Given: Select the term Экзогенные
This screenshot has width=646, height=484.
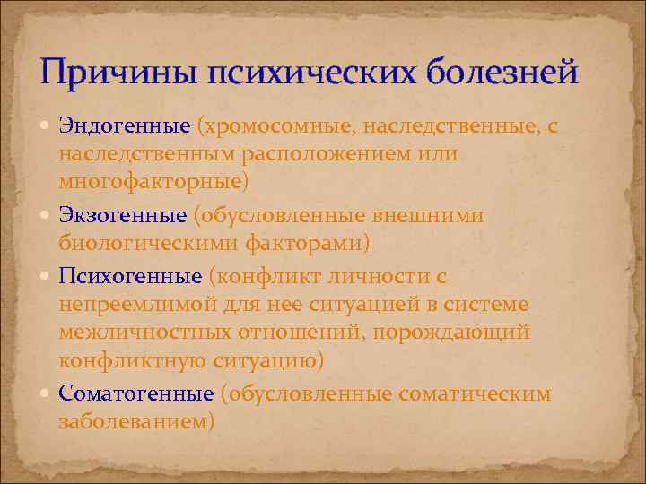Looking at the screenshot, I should pyautogui.click(x=122, y=215).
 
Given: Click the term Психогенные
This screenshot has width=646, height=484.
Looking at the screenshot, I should pyautogui.click(x=130, y=276).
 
